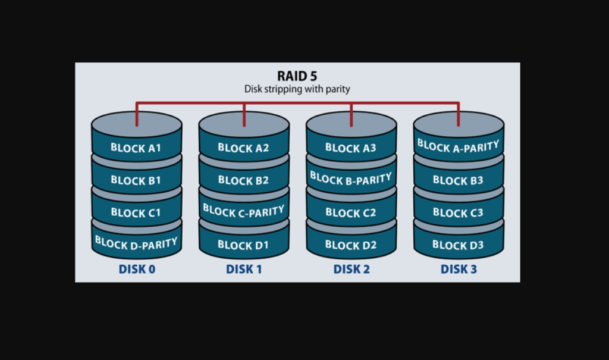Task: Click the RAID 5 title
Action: [x=297, y=76]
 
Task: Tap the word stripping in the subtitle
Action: [x=282, y=89]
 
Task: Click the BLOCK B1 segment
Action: [x=136, y=179]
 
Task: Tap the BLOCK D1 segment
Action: [x=244, y=243]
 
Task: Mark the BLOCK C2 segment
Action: [x=351, y=211]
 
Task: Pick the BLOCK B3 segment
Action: [x=459, y=179]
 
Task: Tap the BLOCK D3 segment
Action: [x=459, y=243]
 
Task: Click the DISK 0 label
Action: [x=137, y=269]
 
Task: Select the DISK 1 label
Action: [x=244, y=269]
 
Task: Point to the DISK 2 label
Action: [x=351, y=269]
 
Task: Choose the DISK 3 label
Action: [x=459, y=269]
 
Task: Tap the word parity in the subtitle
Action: [x=338, y=90]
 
